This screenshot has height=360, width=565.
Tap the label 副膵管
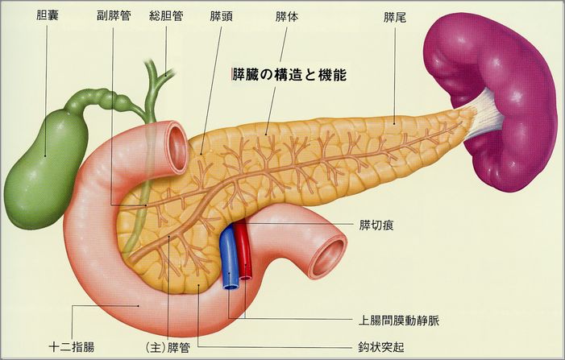(x=114, y=15)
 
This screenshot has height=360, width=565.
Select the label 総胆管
(x=166, y=15)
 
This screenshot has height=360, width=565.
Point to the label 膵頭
(x=221, y=15)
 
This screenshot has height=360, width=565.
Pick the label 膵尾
(x=395, y=15)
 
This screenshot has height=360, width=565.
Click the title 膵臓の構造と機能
(x=288, y=75)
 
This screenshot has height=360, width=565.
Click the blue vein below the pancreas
(x=230, y=258)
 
